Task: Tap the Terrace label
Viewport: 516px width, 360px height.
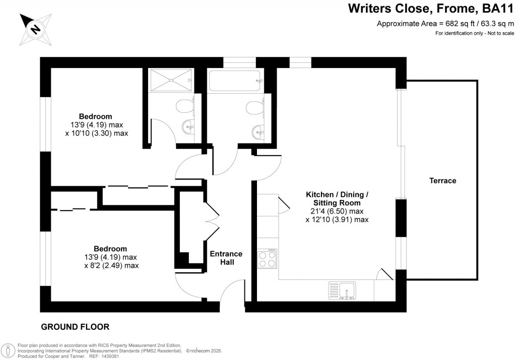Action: coord(442,180)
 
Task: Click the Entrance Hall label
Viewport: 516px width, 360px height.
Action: coord(226,258)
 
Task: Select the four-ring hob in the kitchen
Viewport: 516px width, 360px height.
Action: coord(267,258)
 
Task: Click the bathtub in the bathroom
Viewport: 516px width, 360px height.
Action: coord(234,80)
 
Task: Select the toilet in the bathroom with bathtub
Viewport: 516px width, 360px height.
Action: coord(253,107)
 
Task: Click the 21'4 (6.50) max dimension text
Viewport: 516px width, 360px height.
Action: coord(337,211)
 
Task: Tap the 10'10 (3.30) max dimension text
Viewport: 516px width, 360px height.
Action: coord(97,133)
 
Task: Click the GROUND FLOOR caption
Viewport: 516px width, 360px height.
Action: coord(75,327)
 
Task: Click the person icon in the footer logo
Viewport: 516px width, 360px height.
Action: coord(8,350)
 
